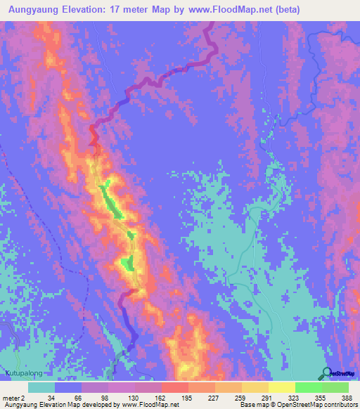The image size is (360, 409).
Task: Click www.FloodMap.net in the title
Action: pos(223,10)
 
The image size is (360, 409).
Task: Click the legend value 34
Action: pos(52,397)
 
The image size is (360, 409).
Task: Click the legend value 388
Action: pos(346,397)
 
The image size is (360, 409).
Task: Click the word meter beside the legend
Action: pos(11,397)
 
